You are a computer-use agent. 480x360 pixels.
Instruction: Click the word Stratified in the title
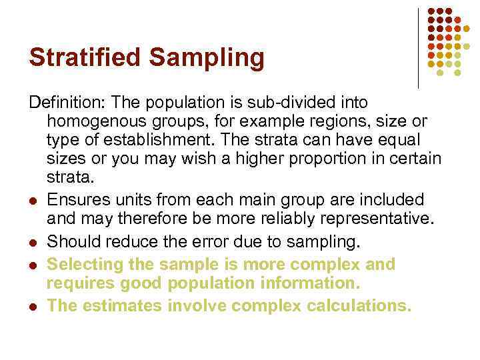pos(85,57)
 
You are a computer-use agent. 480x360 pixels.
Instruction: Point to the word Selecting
pos(80,265)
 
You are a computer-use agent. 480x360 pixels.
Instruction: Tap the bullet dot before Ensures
pos(33,201)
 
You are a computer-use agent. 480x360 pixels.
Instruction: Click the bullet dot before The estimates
pos(33,307)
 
